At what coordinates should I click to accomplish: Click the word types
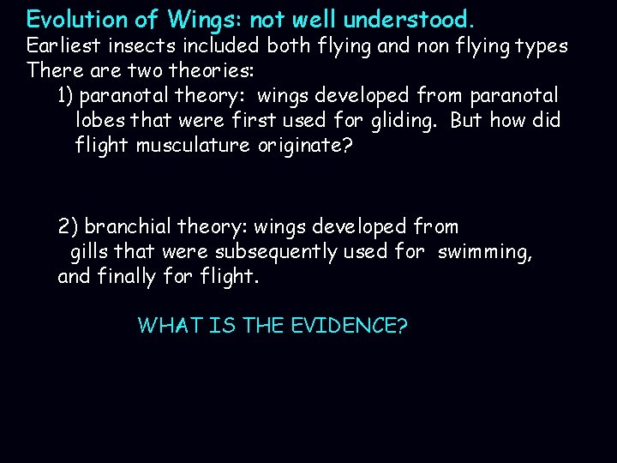pyautogui.click(x=540, y=45)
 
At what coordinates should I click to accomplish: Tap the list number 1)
pyautogui.click(x=68, y=95)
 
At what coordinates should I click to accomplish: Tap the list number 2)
pyautogui.click(x=69, y=227)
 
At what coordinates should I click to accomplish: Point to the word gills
pyautogui.click(x=88, y=252)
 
